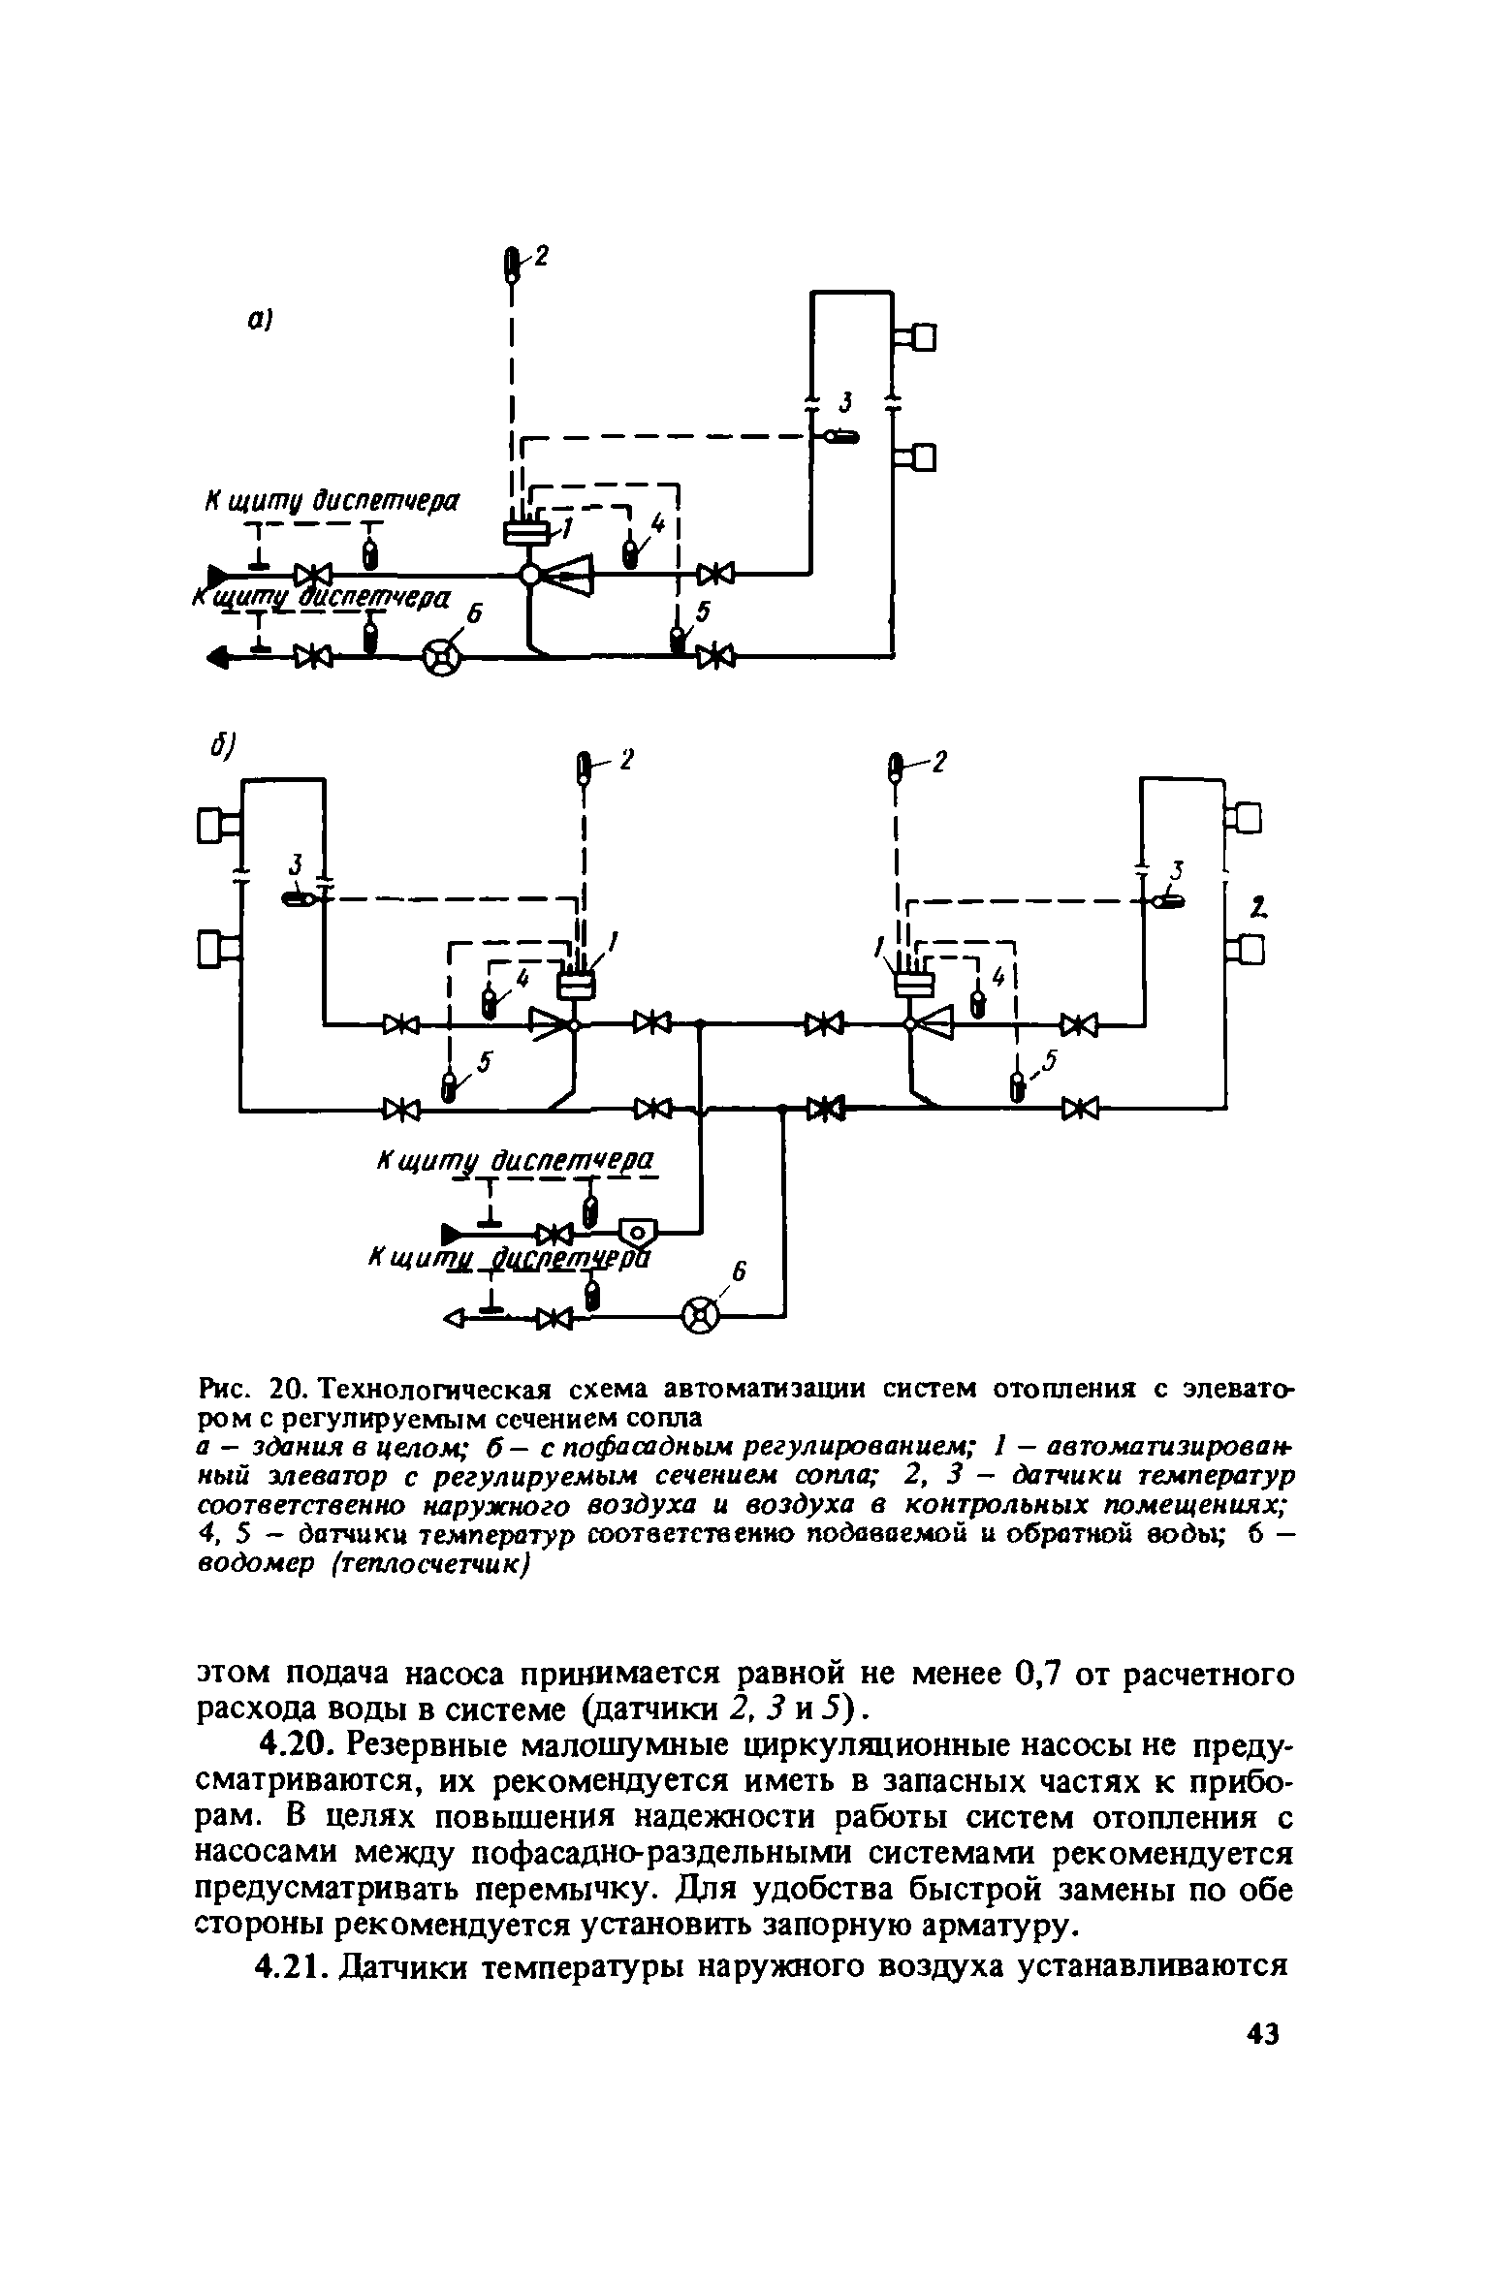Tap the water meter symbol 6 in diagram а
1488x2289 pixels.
coord(442,658)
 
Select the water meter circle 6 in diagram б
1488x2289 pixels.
coord(702,1315)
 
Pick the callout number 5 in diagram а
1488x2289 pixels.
coord(704,611)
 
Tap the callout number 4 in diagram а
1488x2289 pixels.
coord(659,524)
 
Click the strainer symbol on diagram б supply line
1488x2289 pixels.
coord(637,1233)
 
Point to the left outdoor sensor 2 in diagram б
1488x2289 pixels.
coord(584,768)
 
